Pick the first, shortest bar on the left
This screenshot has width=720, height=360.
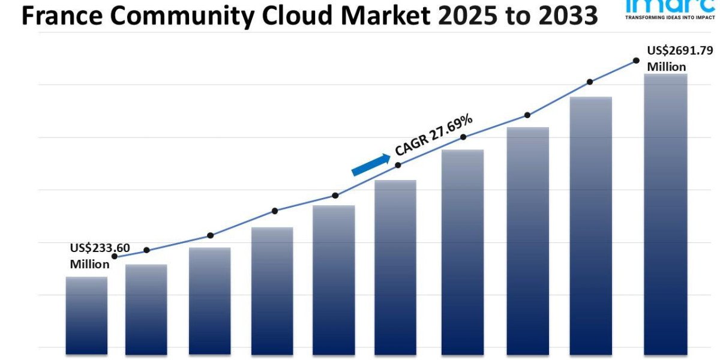[x=86, y=314]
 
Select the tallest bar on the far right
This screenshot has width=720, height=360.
[x=665, y=213]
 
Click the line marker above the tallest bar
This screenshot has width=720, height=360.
[x=636, y=61]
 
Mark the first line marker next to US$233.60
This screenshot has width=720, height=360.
[x=115, y=256]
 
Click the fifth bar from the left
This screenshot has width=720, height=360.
[x=334, y=279]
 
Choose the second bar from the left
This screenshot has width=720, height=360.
[x=146, y=308]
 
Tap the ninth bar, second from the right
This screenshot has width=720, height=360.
[x=591, y=225]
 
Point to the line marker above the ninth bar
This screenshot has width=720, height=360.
[x=590, y=82]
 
